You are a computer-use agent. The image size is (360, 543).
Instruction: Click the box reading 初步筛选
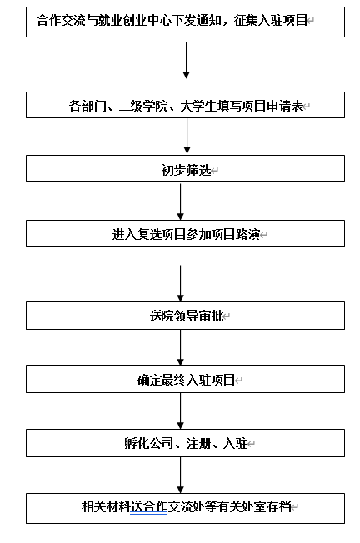click(185, 168)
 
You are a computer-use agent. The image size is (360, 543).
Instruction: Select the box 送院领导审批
click(185, 316)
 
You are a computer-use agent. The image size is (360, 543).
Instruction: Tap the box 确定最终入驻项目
click(185, 379)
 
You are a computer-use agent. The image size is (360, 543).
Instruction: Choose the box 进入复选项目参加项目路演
click(185, 233)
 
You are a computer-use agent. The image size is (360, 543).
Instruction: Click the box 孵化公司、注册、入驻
click(185, 443)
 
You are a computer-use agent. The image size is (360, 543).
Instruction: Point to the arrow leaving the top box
click(187, 60)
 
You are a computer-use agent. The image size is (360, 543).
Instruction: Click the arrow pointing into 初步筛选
click(187, 136)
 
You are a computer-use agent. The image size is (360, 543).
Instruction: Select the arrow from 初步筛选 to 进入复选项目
click(181, 202)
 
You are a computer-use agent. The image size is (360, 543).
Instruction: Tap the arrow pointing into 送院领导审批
click(181, 283)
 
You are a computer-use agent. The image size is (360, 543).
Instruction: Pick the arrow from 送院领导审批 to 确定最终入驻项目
click(181, 347)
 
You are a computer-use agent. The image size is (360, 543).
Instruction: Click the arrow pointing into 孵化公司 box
click(181, 411)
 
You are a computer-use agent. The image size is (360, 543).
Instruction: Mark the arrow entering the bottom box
click(181, 475)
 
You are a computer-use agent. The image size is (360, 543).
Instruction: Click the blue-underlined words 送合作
click(149, 506)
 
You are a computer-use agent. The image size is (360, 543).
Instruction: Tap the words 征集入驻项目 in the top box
click(270, 21)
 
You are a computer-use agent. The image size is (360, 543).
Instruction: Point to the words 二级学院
click(143, 106)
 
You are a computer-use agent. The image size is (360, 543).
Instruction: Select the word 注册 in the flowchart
click(198, 443)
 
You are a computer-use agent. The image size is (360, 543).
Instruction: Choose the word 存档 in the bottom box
click(278, 506)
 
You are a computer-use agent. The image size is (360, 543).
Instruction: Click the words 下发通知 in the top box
click(197, 21)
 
